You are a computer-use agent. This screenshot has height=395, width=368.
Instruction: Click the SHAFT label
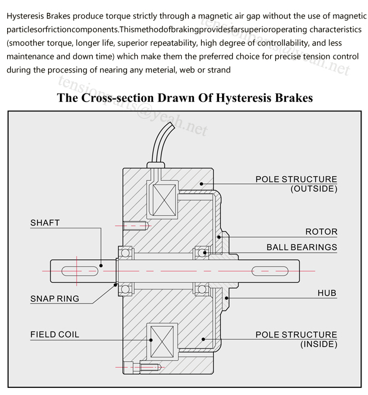click(45, 223)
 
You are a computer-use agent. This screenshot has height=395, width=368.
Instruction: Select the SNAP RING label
click(55, 298)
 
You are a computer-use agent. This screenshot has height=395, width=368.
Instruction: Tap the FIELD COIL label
click(55, 335)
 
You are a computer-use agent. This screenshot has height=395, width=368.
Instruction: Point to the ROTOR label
click(321, 232)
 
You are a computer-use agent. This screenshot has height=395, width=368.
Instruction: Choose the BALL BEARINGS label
click(302, 247)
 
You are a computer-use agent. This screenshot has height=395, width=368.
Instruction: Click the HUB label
click(326, 293)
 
